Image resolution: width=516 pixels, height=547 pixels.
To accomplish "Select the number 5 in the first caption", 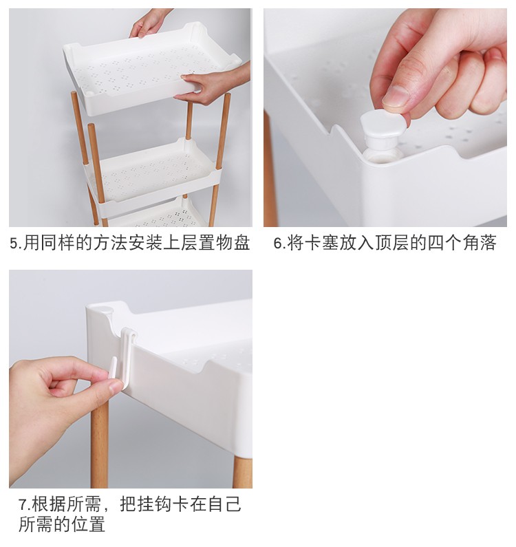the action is coord(14,244).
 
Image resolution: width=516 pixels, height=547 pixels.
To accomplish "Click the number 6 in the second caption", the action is coord(278,244).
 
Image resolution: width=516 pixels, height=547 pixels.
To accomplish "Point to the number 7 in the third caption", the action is coord(23,505).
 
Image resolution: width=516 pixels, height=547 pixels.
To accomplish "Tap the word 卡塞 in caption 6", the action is coord(322,243).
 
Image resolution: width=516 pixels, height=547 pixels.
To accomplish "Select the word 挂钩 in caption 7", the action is coord(155,504).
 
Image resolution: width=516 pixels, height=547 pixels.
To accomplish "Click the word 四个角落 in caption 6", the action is coord(462,243).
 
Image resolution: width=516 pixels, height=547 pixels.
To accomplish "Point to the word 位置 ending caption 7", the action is coord(88,524).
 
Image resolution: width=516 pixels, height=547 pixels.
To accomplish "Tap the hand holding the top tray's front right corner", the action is coord(213,85).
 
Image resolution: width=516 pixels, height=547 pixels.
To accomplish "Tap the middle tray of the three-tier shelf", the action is coord(154,175).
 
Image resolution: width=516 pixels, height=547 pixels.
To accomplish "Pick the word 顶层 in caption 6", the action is coord(392,243).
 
